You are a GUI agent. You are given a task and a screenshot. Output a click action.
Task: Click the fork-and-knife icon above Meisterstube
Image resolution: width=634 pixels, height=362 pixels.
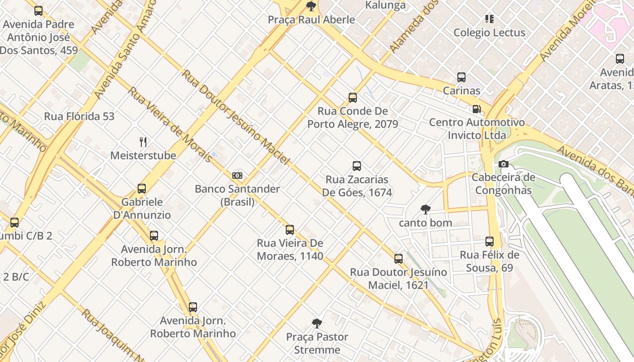pos(143,142)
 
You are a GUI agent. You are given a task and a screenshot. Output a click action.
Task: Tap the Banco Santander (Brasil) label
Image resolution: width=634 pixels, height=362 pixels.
pos(237,195)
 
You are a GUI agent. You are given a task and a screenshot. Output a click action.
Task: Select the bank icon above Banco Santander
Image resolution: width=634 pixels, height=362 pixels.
pos(237,175)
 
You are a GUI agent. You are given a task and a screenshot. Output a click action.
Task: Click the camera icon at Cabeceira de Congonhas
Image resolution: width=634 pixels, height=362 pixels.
pos(503,164)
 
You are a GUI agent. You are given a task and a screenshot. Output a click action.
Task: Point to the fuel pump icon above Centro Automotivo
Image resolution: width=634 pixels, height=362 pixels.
pos(476,109)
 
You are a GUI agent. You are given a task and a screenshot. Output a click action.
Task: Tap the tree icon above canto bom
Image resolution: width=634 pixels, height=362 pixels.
pos(425,209)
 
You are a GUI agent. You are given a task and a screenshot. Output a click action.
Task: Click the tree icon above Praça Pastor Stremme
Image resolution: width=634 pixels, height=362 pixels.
pos(317,323)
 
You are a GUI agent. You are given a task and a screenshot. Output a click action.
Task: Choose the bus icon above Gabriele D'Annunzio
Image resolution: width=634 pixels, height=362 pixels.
pos(142,188)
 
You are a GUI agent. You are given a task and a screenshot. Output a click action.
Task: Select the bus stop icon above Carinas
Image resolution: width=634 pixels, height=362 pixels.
pos(461,77)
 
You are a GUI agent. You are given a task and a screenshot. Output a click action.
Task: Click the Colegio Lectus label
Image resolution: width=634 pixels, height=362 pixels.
pos(489,33)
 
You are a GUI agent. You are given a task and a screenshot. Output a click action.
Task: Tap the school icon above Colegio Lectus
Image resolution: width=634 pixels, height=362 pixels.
pos(489,19)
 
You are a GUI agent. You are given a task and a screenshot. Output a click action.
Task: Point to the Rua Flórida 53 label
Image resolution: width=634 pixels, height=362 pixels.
pos(79,116)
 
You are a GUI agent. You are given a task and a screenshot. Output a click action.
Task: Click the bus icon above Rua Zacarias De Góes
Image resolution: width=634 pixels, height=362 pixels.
pos(357,166)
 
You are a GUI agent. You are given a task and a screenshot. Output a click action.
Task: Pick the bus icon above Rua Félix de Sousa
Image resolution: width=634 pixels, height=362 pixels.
pos(490,241)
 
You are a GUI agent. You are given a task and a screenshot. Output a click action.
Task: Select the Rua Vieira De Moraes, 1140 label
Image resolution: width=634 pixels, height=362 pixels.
pos(290,249)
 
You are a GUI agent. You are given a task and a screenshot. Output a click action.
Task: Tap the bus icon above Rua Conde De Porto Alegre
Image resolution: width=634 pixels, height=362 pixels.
pos(353,97)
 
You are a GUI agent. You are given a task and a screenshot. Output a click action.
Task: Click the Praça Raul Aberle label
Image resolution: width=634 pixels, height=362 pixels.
pos(311,20)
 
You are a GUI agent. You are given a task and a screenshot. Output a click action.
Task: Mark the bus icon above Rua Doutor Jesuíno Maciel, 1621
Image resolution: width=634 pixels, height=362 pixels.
pos(399,258)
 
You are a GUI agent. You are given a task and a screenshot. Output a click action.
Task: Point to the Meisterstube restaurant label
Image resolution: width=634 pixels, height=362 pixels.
pos(143,156)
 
